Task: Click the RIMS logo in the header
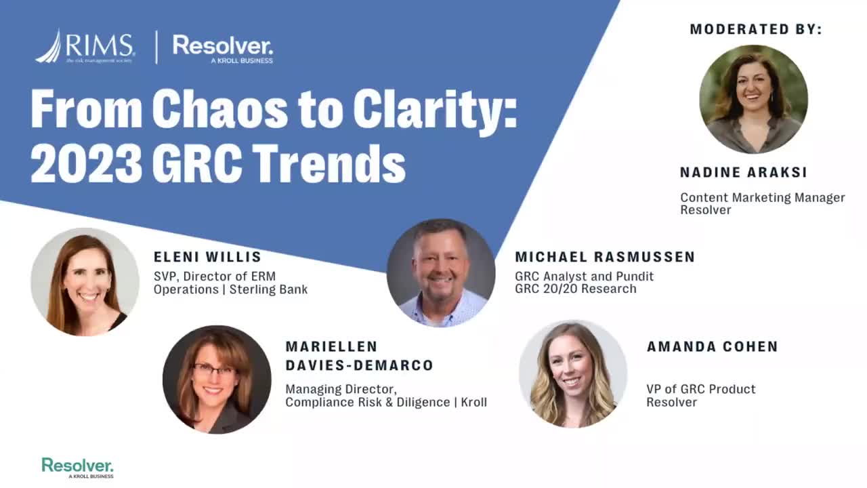(85, 46)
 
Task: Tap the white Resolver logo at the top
(223, 49)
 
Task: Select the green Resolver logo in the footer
(78, 468)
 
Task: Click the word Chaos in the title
(220, 109)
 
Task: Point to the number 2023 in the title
(86, 163)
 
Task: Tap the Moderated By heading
(756, 29)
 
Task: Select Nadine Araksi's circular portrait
(754, 99)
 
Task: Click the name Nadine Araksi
(744, 172)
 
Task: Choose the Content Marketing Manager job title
(763, 197)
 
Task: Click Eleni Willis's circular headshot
(85, 282)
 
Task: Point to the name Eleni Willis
(207, 257)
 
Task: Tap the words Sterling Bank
(269, 289)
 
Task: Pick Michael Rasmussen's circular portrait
(441, 273)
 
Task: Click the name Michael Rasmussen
(605, 257)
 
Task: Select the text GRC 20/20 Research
(576, 289)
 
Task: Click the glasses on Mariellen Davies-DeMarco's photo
(214, 370)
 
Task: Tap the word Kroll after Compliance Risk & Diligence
(473, 403)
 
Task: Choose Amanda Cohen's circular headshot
(573, 374)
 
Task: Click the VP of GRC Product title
(701, 389)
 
